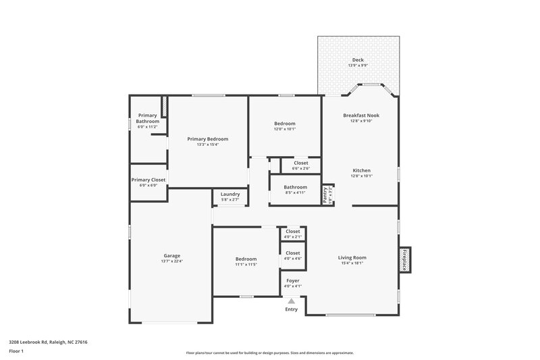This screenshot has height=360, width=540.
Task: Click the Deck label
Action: [x=358, y=60]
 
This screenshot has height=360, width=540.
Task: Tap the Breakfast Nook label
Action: [x=361, y=115]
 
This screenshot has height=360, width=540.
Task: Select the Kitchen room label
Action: [x=361, y=170]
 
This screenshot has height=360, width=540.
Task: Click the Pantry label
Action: [x=327, y=195]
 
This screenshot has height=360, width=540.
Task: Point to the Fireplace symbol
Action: [x=405, y=259]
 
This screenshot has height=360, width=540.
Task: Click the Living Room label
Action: [x=352, y=257]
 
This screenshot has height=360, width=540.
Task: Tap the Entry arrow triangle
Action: [x=292, y=301]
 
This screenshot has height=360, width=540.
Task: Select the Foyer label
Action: [x=292, y=280]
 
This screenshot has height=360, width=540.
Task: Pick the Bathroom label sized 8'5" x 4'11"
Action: [x=295, y=187]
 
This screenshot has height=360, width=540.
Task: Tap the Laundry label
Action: [x=230, y=194]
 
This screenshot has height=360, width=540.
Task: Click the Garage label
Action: [x=171, y=256]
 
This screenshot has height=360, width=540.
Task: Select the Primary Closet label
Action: [x=148, y=180]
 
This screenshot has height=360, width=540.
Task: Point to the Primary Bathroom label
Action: [x=147, y=118]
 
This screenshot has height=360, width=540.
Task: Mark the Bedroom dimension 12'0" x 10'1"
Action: [x=284, y=128]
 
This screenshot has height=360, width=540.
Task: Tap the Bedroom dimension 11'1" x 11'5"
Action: [x=246, y=264]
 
